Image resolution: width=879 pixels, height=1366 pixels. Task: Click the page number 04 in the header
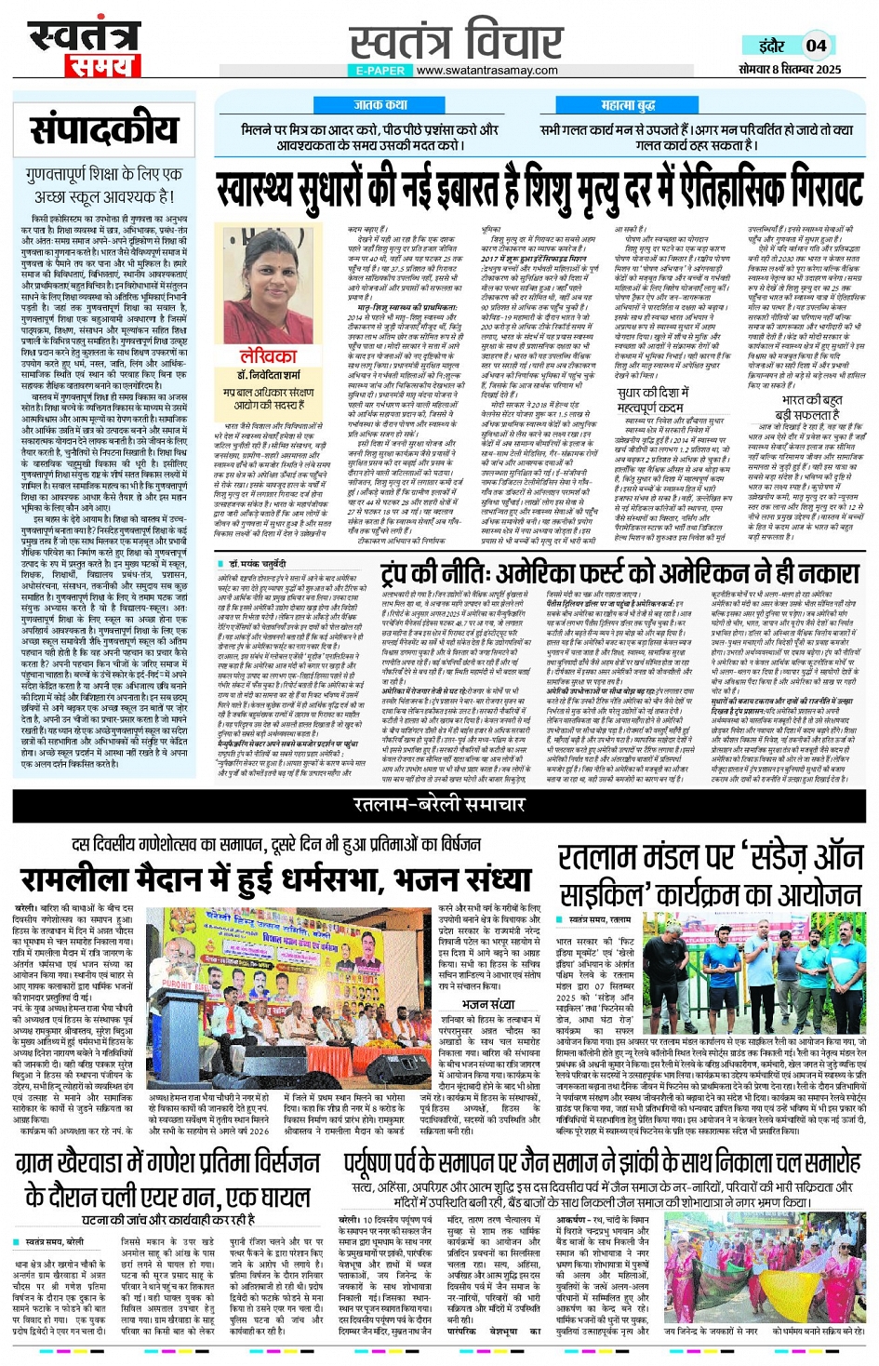click(816, 45)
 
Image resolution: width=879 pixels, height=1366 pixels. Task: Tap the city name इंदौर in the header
click(771, 46)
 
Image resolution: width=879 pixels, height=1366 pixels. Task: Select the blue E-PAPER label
click(380, 71)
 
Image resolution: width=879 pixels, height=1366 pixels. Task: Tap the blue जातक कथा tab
click(380, 105)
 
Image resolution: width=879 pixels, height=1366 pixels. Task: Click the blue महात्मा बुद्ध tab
click(628, 105)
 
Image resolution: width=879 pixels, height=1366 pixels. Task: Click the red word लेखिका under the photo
click(268, 356)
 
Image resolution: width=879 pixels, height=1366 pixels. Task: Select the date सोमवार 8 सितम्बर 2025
click(790, 70)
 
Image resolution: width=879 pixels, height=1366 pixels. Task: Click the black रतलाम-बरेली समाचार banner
click(439, 804)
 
